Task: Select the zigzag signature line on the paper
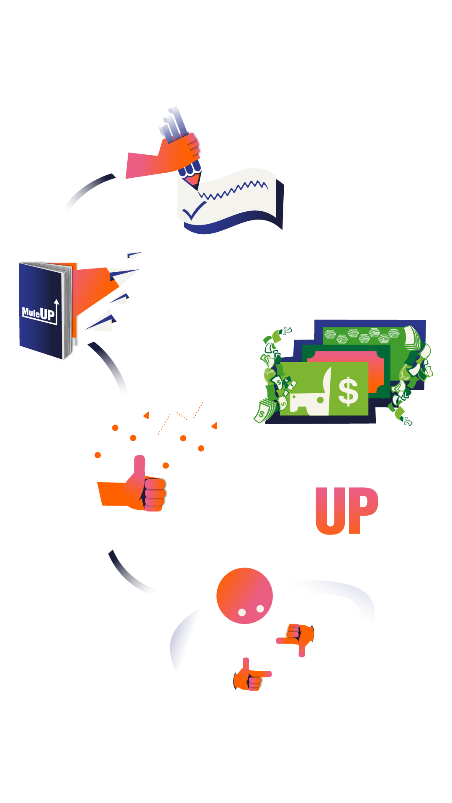[234, 190]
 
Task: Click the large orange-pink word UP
[347, 511]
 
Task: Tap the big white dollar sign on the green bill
[348, 391]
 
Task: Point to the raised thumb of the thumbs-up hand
[139, 466]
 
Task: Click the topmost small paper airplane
[134, 254]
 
